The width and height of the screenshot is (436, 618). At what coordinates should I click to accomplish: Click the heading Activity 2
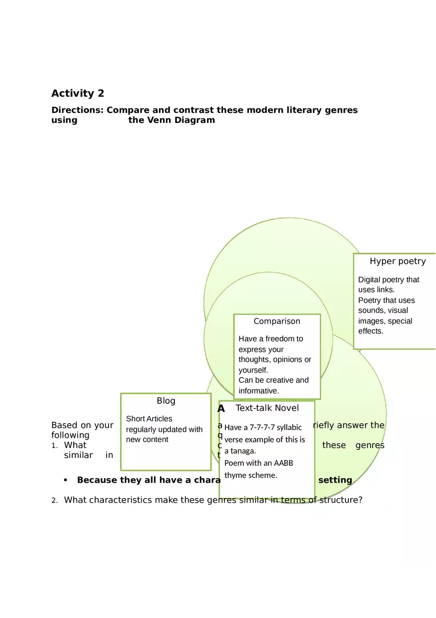click(78, 93)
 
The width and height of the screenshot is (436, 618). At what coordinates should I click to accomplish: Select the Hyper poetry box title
click(397, 261)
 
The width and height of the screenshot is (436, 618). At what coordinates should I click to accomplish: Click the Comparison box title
click(276, 321)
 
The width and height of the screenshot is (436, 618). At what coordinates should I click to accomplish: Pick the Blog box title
click(166, 401)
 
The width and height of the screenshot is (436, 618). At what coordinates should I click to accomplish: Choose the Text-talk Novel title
click(267, 408)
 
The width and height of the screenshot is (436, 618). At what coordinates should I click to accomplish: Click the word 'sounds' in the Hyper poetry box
click(371, 311)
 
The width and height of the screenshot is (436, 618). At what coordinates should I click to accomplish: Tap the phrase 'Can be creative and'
click(273, 380)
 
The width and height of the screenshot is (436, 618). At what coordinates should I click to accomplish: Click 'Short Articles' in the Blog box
click(149, 419)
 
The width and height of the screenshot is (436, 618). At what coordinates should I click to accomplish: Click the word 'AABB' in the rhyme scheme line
click(283, 463)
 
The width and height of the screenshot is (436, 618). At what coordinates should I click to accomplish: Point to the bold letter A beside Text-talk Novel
click(221, 409)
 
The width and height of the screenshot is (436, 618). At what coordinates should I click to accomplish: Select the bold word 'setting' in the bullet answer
click(335, 480)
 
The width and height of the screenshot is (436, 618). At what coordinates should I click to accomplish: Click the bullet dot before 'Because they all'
click(66, 480)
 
